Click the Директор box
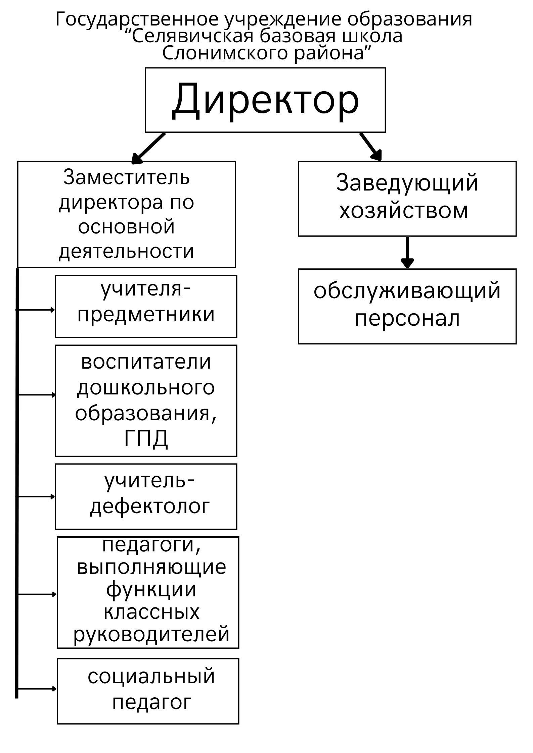265,100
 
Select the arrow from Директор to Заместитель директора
148,148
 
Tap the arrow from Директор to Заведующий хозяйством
371,147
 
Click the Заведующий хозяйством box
407,199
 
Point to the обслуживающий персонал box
407,306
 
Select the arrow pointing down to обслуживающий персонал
407,253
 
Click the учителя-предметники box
146,306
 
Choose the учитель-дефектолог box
146,496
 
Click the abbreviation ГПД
146,438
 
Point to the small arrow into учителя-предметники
36,310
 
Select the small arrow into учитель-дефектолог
36,496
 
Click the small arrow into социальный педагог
37,689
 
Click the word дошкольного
146,388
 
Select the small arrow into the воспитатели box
36,395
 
